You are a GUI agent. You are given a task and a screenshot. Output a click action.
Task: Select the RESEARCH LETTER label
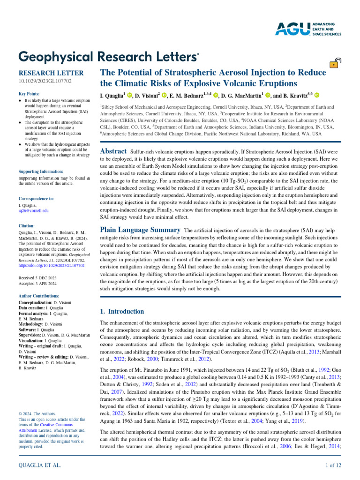click(x=51, y=73)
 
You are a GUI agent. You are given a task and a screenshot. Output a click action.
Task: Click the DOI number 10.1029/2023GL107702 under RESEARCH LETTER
click(x=45, y=82)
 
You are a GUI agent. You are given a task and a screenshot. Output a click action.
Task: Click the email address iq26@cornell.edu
click(x=33, y=210)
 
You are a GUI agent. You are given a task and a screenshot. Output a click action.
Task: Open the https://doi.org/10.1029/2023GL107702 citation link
click(x=51, y=265)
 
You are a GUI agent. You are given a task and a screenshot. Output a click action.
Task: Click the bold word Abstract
click(x=113, y=151)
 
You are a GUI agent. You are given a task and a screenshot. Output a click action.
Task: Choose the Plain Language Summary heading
click(x=141, y=230)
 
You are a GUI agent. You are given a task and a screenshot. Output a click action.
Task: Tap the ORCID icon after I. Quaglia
click(x=129, y=96)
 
